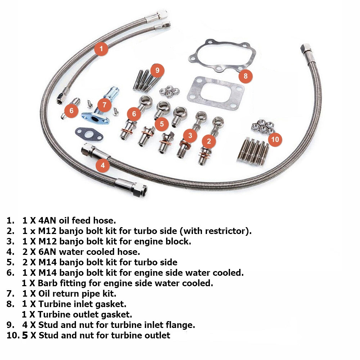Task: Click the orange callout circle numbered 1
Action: coord(101,49)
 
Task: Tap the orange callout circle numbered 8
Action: coord(246,76)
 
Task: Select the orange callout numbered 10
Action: coord(275,139)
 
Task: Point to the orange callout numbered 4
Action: coord(103,165)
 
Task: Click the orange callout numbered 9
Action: coord(157,70)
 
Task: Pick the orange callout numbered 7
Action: coord(104,105)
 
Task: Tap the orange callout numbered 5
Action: coord(162,124)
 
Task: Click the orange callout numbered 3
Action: coord(190,135)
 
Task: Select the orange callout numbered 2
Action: coord(209,141)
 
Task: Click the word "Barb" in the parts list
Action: coord(47,283)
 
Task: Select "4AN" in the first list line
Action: coord(47,220)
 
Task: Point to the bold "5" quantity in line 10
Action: coord(25,336)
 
